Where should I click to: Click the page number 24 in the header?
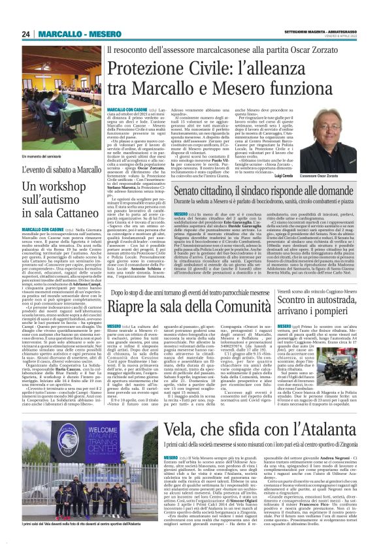pyautogui.click(x=25, y=34)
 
